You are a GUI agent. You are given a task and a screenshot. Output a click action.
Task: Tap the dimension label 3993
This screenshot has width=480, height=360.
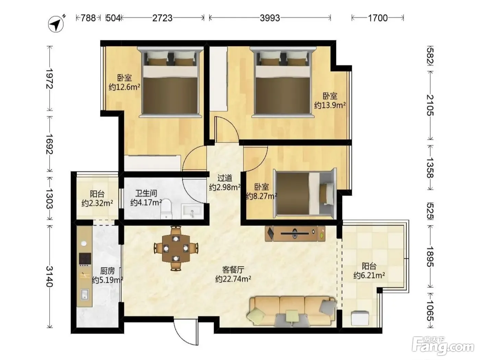pos(269,18)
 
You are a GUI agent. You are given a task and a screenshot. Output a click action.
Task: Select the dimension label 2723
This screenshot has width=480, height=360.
pos(162,18)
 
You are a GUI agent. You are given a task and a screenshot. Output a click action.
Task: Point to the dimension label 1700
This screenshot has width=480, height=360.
pos(378,18)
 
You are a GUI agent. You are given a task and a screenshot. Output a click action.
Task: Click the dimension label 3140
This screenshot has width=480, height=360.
pos(50,276)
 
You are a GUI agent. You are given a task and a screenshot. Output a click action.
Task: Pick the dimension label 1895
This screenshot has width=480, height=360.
pos(430,256)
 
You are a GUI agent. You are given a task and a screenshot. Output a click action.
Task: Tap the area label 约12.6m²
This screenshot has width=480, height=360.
pos(124,87)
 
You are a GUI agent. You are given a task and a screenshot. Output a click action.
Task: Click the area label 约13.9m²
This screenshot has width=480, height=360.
pos(330,105)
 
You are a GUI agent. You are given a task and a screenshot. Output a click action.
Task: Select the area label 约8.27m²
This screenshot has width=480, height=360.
pos(262,196)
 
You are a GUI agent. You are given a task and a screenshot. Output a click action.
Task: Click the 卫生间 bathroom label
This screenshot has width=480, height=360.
pos(146,193)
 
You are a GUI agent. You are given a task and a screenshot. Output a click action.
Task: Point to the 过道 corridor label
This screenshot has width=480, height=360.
pos(225,178)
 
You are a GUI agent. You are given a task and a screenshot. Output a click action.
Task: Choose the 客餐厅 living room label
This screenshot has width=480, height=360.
pos(233,270)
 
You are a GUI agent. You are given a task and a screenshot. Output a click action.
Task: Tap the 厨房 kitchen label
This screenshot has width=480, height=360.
pos(107,271)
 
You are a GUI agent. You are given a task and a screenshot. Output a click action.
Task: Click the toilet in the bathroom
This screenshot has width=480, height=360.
pos(166,208)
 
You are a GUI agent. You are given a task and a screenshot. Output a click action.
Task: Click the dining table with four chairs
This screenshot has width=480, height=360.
pos(176,248)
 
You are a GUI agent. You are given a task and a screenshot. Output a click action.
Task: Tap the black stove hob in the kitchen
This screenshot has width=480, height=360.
pos(85,259)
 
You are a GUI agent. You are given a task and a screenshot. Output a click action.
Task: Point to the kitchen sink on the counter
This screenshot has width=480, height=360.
pos(85,294)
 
